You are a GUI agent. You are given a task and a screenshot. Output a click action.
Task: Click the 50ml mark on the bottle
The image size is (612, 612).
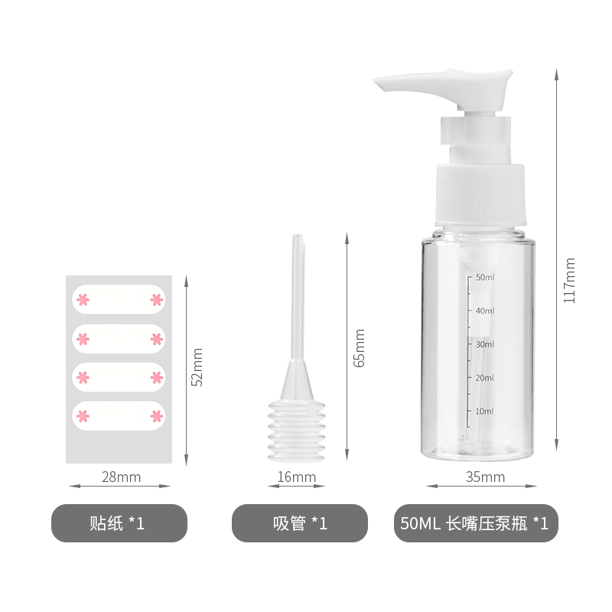click(485, 277)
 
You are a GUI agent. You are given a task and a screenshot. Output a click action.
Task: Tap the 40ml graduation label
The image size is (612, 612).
click(485, 311)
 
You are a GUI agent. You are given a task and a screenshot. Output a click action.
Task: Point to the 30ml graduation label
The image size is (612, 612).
click(485, 344)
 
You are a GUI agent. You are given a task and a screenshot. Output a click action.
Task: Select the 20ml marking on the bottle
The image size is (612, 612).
click(485, 378)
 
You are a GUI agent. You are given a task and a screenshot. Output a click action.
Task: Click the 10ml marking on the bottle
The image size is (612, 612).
click(485, 411)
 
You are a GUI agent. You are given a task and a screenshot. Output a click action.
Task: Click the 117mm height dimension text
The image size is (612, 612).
click(569, 280)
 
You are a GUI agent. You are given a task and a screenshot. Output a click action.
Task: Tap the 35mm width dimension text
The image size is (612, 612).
click(485, 477)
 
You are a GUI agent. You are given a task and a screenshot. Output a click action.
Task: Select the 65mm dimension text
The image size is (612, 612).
click(359, 348)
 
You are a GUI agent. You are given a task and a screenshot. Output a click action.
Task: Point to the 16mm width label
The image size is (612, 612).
click(297, 477)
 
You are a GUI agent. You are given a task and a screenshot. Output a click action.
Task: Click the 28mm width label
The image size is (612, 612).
click(121, 477)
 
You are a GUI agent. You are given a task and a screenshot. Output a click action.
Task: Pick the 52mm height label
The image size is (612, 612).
click(197, 367)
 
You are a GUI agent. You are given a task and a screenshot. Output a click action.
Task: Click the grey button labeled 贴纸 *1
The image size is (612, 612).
click(119, 523)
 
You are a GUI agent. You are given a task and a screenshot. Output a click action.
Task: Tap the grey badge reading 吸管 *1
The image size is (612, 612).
click(300, 523)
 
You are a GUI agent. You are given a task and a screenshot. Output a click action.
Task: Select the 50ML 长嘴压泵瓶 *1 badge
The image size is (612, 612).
click(476, 523)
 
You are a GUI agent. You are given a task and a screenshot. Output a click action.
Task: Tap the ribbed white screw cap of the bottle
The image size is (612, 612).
click(480, 194)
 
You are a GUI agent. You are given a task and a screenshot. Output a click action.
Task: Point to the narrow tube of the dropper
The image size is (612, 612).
click(298, 297)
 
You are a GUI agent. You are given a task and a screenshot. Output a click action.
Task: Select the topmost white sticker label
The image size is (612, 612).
click(119, 299)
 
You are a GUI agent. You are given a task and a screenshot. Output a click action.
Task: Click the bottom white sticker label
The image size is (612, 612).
click(119, 415)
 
